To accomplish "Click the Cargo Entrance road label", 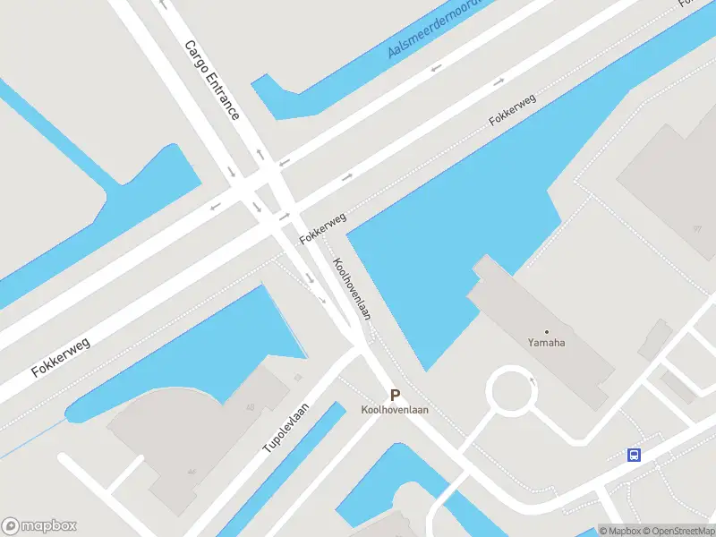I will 212,80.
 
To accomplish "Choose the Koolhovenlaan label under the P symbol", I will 395,410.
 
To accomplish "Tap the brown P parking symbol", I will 395,394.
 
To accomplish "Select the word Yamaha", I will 547,342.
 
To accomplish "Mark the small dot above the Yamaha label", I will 547,331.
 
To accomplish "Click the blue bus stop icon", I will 635,455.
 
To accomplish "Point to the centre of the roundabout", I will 511,392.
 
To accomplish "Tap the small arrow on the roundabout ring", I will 533,379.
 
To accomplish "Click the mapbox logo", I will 39,526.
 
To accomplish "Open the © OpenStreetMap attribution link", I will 678,531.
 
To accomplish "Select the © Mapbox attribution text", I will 618,531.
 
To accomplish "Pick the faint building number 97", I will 696,228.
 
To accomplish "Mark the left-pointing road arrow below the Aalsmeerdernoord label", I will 436,68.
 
